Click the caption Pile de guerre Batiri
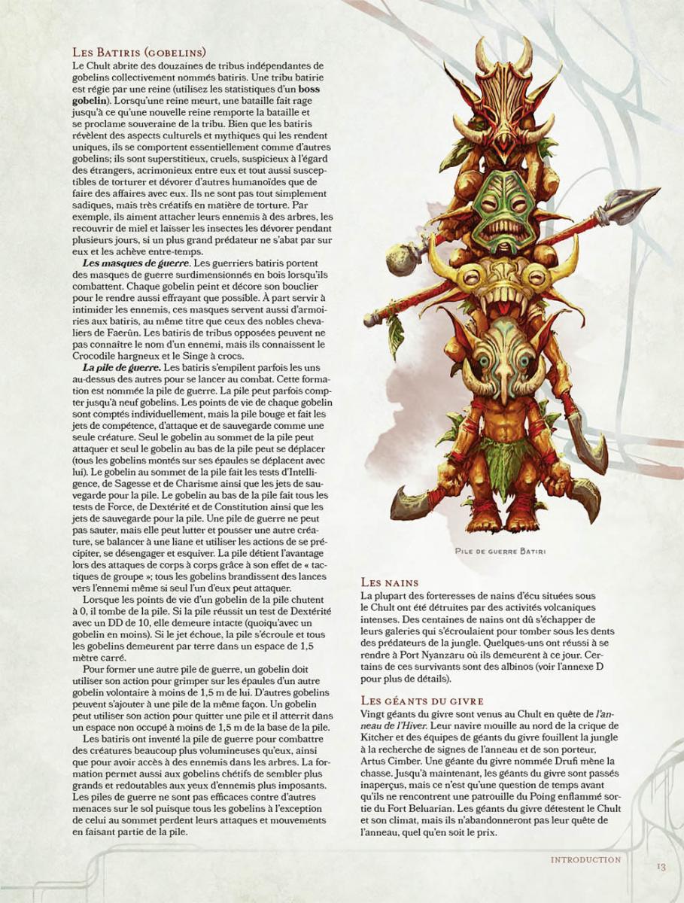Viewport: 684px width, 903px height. [x=500, y=551]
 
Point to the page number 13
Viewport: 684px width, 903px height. [x=660, y=867]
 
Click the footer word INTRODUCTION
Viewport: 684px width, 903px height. [x=585, y=859]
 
